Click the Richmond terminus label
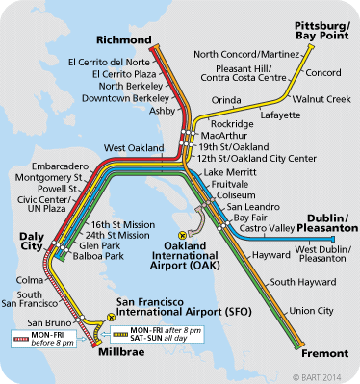124,39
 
